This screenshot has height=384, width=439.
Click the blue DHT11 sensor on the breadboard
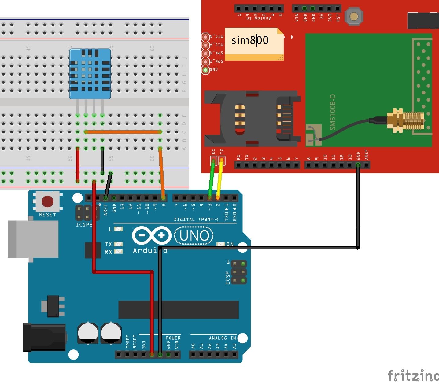[x=90, y=73]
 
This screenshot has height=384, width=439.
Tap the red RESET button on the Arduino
[x=47, y=201]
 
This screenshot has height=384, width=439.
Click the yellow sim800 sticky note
[x=254, y=44]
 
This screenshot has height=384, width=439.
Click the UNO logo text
[x=194, y=236]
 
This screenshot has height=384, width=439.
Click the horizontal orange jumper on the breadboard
[x=122, y=132]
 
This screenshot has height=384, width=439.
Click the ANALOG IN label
[x=222, y=338]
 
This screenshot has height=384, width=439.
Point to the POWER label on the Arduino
[x=173, y=338]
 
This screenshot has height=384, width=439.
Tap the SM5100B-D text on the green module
[x=333, y=112]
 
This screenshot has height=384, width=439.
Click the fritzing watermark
[x=413, y=375]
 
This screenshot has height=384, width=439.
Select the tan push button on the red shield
[x=354, y=16]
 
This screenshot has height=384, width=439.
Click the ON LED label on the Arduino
[x=230, y=244]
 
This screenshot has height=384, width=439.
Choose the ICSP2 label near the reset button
[x=84, y=224]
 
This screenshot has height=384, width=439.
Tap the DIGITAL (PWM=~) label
[x=196, y=219]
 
